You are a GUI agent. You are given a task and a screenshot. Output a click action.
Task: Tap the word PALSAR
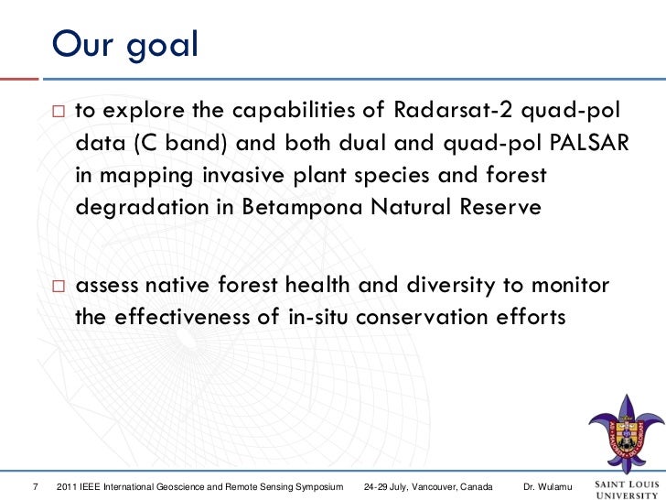click(x=589, y=143)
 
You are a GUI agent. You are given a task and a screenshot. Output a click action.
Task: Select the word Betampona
click(x=302, y=207)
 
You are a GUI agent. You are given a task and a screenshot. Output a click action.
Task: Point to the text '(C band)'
click(x=180, y=143)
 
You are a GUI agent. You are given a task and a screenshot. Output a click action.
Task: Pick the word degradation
click(x=142, y=208)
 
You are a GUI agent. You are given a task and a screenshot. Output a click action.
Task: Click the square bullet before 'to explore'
click(x=59, y=112)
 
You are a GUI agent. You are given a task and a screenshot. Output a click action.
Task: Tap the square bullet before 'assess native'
click(x=59, y=286)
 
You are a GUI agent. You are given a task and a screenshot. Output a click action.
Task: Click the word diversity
click(x=451, y=285)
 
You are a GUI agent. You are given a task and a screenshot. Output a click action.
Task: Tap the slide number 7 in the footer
click(x=36, y=486)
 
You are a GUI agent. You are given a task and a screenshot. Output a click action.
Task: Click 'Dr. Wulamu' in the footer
click(x=547, y=486)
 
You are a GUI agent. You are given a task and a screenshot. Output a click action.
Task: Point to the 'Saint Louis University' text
click(x=627, y=489)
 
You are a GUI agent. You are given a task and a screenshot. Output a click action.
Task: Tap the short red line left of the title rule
click(x=19, y=79)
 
